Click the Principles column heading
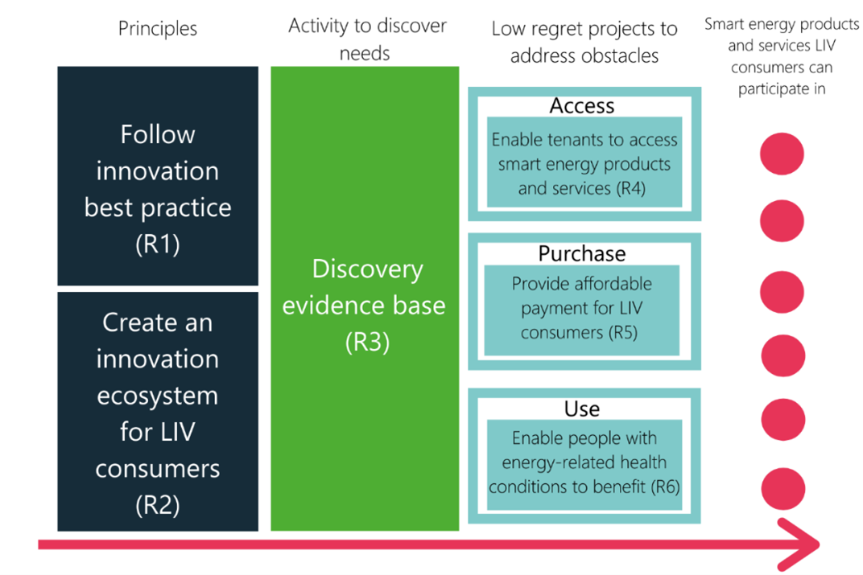158,29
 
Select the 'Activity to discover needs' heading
367,39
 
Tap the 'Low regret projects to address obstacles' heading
584,43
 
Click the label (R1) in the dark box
158,244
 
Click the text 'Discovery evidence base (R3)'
367,306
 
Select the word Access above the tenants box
581,106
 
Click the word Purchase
581,254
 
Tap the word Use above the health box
581,409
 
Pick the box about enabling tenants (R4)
584,164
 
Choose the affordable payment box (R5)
581,309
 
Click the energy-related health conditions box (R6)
584,463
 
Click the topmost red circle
782,153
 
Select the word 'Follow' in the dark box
158,134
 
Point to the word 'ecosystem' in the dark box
158,396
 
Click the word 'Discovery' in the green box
367,269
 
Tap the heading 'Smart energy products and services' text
782,35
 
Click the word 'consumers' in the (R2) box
158,468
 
